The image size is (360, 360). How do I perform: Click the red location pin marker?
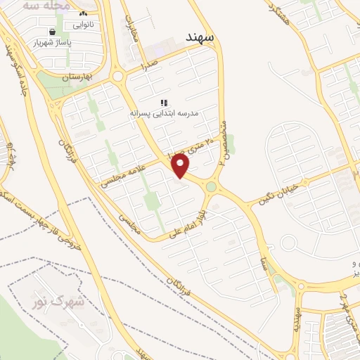click(181, 166)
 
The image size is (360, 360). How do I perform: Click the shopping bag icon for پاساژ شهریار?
click(53, 32)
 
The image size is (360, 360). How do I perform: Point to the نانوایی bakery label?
click(84, 24)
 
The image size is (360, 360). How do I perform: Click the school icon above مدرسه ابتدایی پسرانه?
click(164, 103)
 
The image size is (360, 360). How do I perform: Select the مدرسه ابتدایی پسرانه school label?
click(163, 112)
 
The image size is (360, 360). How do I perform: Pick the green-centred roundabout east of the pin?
click(211, 187)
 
